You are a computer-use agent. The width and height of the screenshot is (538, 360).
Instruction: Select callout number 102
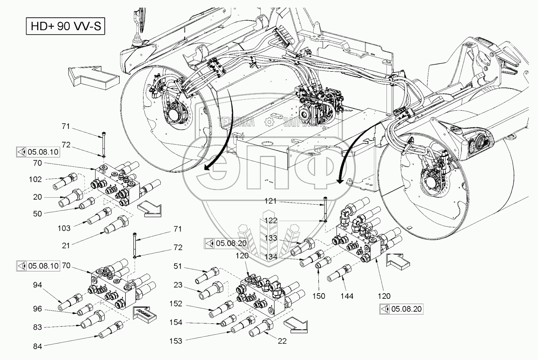(35, 180)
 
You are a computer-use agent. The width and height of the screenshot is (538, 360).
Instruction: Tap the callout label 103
(64, 228)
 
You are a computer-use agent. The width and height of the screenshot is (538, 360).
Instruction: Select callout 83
(37, 328)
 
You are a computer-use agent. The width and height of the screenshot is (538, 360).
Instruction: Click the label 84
(37, 346)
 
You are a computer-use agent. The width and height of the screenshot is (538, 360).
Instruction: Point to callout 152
(175, 304)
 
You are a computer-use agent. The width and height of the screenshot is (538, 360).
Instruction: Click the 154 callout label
(175, 322)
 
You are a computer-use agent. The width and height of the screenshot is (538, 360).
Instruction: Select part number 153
(175, 341)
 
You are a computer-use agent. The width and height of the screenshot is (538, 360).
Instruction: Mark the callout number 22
(282, 341)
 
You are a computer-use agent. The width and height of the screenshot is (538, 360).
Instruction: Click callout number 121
(270, 201)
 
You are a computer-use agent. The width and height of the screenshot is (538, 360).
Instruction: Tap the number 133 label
(270, 238)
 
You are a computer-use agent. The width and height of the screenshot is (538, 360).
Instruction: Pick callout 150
(318, 296)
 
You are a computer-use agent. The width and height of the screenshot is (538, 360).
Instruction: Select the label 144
(347, 296)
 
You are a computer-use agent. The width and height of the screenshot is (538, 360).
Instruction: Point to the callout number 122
(270, 220)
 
